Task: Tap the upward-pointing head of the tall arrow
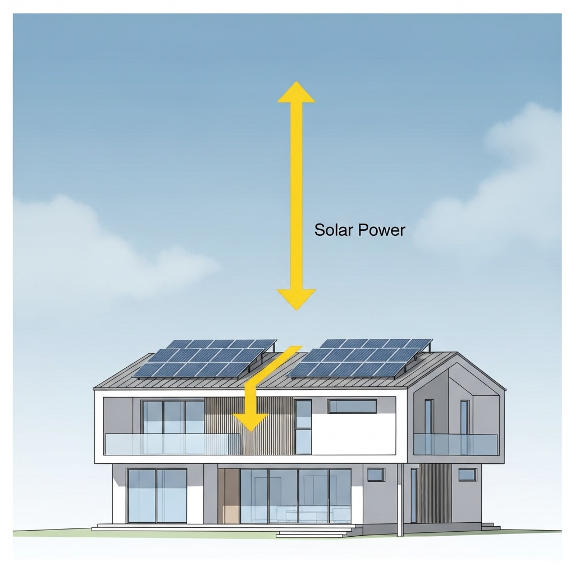pyautogui.click(x=296, y=92)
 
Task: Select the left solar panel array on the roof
pyautogui.click(x=204, y=358)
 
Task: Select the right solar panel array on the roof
pyautogui.click(x=359, y=358)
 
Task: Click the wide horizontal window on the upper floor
pyautogui.click(x=352, y=406)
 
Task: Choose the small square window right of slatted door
pyautogui.click(x=467, y=474)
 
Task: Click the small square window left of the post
pyautogui.click(x=375, y=474)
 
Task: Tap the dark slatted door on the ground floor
pyautogui.click(x=436, y=493)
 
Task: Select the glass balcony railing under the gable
pyautogui.click(x=455, y=444)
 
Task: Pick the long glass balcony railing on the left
pyautogui.click(x=172, y=444)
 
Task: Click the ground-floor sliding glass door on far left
pyautogui.click(x=157, y=495)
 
